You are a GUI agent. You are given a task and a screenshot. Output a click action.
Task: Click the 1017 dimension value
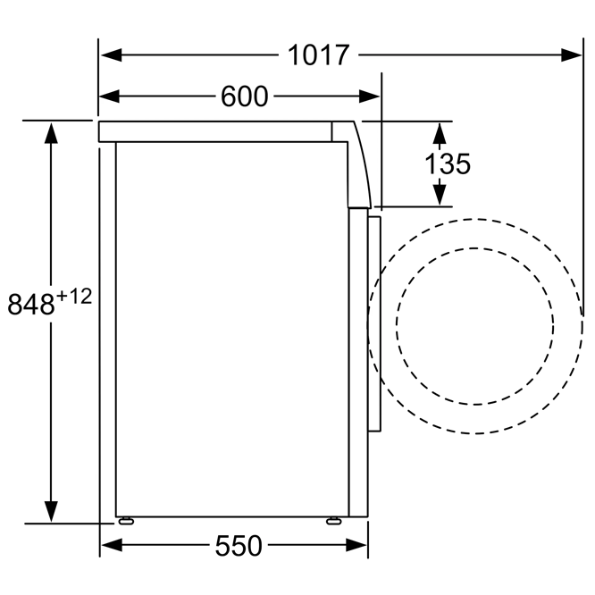point(318,55)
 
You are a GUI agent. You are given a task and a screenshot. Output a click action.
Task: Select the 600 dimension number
point(245,96)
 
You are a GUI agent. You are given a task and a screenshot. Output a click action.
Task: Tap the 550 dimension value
point(239,546)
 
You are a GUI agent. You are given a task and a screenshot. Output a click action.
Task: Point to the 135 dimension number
point(448,163)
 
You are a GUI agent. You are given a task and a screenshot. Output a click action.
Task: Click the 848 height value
point(31,305)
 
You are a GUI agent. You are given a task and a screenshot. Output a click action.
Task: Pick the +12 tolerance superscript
point(74,297)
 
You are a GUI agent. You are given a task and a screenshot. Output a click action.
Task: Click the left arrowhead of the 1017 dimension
point(111,55)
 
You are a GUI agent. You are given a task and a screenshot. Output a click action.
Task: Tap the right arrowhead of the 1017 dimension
point(571,55)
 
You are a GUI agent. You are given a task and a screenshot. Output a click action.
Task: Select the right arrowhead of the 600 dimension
point(369,96)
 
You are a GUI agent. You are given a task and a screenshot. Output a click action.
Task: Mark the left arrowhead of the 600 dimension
point(109,96)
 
